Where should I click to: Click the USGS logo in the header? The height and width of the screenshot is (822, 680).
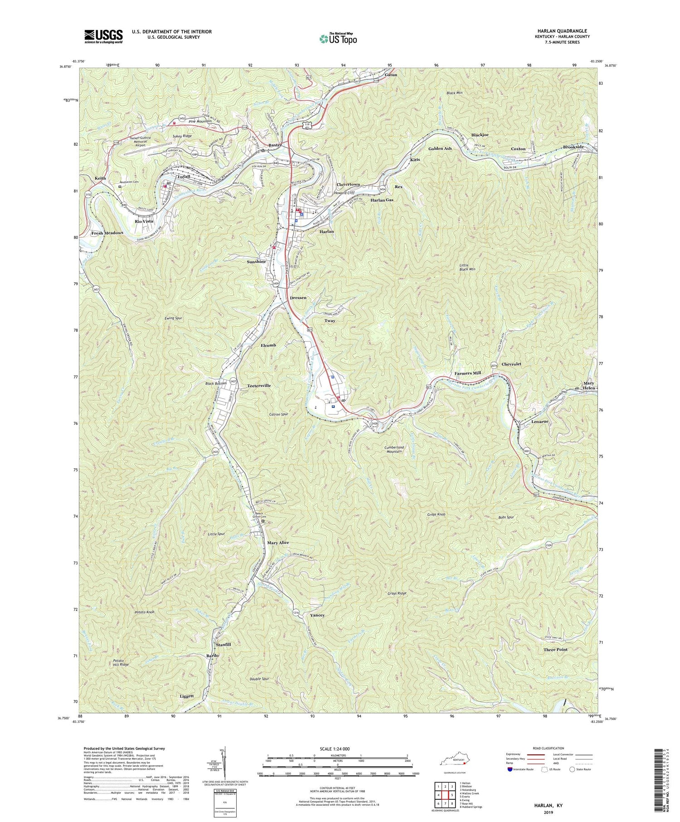coord(103,36)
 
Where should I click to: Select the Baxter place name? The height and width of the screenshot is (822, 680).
coord(275,145)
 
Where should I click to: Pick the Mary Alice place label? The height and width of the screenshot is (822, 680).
coord(278,543)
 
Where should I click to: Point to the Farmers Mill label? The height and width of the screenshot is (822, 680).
coord(467,373)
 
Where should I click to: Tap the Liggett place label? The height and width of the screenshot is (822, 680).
coord(186,696)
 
